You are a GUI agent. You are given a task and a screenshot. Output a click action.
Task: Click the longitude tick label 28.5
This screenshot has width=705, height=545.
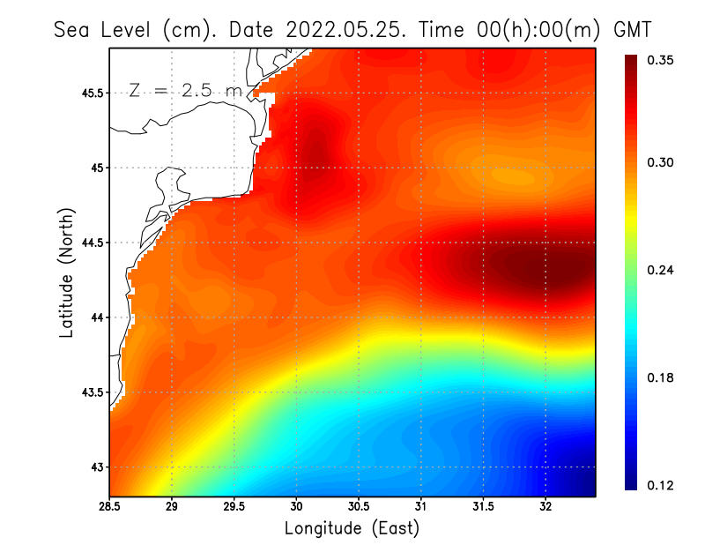[x=109, y=507]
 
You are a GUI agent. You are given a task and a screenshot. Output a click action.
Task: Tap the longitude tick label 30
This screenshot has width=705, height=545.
[x=297, y=507]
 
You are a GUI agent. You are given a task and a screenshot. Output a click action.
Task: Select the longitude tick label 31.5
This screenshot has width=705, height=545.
[x=484, y=507]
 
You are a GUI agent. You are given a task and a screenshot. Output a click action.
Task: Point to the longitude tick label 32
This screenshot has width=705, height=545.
[x=546, y=507]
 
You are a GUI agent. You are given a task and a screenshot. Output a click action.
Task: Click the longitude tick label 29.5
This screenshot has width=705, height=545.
[x=234, y=507]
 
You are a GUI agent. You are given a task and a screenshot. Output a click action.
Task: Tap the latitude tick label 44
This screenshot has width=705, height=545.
[x=97, y=317]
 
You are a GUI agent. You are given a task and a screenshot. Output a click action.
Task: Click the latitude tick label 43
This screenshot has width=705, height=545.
[x=97, y=467]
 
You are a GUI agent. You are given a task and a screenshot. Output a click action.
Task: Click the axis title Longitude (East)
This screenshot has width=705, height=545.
[x=352, y=528]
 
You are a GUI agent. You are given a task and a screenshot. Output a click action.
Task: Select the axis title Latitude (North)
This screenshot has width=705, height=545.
[x=66, y=272]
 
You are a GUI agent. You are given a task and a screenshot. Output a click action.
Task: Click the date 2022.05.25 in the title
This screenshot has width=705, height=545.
[x=342, y=29]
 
